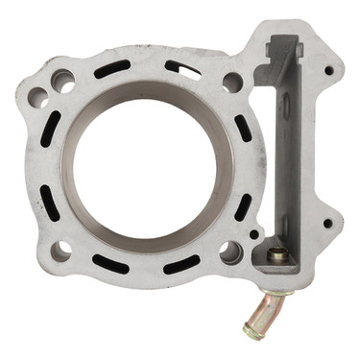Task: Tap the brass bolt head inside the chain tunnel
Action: [276, 255]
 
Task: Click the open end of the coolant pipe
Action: [252, 331]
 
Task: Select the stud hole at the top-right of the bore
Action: [232, 83]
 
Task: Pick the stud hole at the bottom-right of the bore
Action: [230, 252]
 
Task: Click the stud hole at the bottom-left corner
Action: [60, 252]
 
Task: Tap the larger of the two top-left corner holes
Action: [63, 82]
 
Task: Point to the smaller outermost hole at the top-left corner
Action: [37, 96]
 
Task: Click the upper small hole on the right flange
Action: [328, 70]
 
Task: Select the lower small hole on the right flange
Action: [327, 224]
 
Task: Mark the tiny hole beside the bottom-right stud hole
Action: [253, 233]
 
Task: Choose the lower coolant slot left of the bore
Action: [47, 201]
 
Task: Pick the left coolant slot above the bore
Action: [112, 69]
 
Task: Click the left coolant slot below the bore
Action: [108, 262]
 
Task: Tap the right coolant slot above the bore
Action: [182, 69]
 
